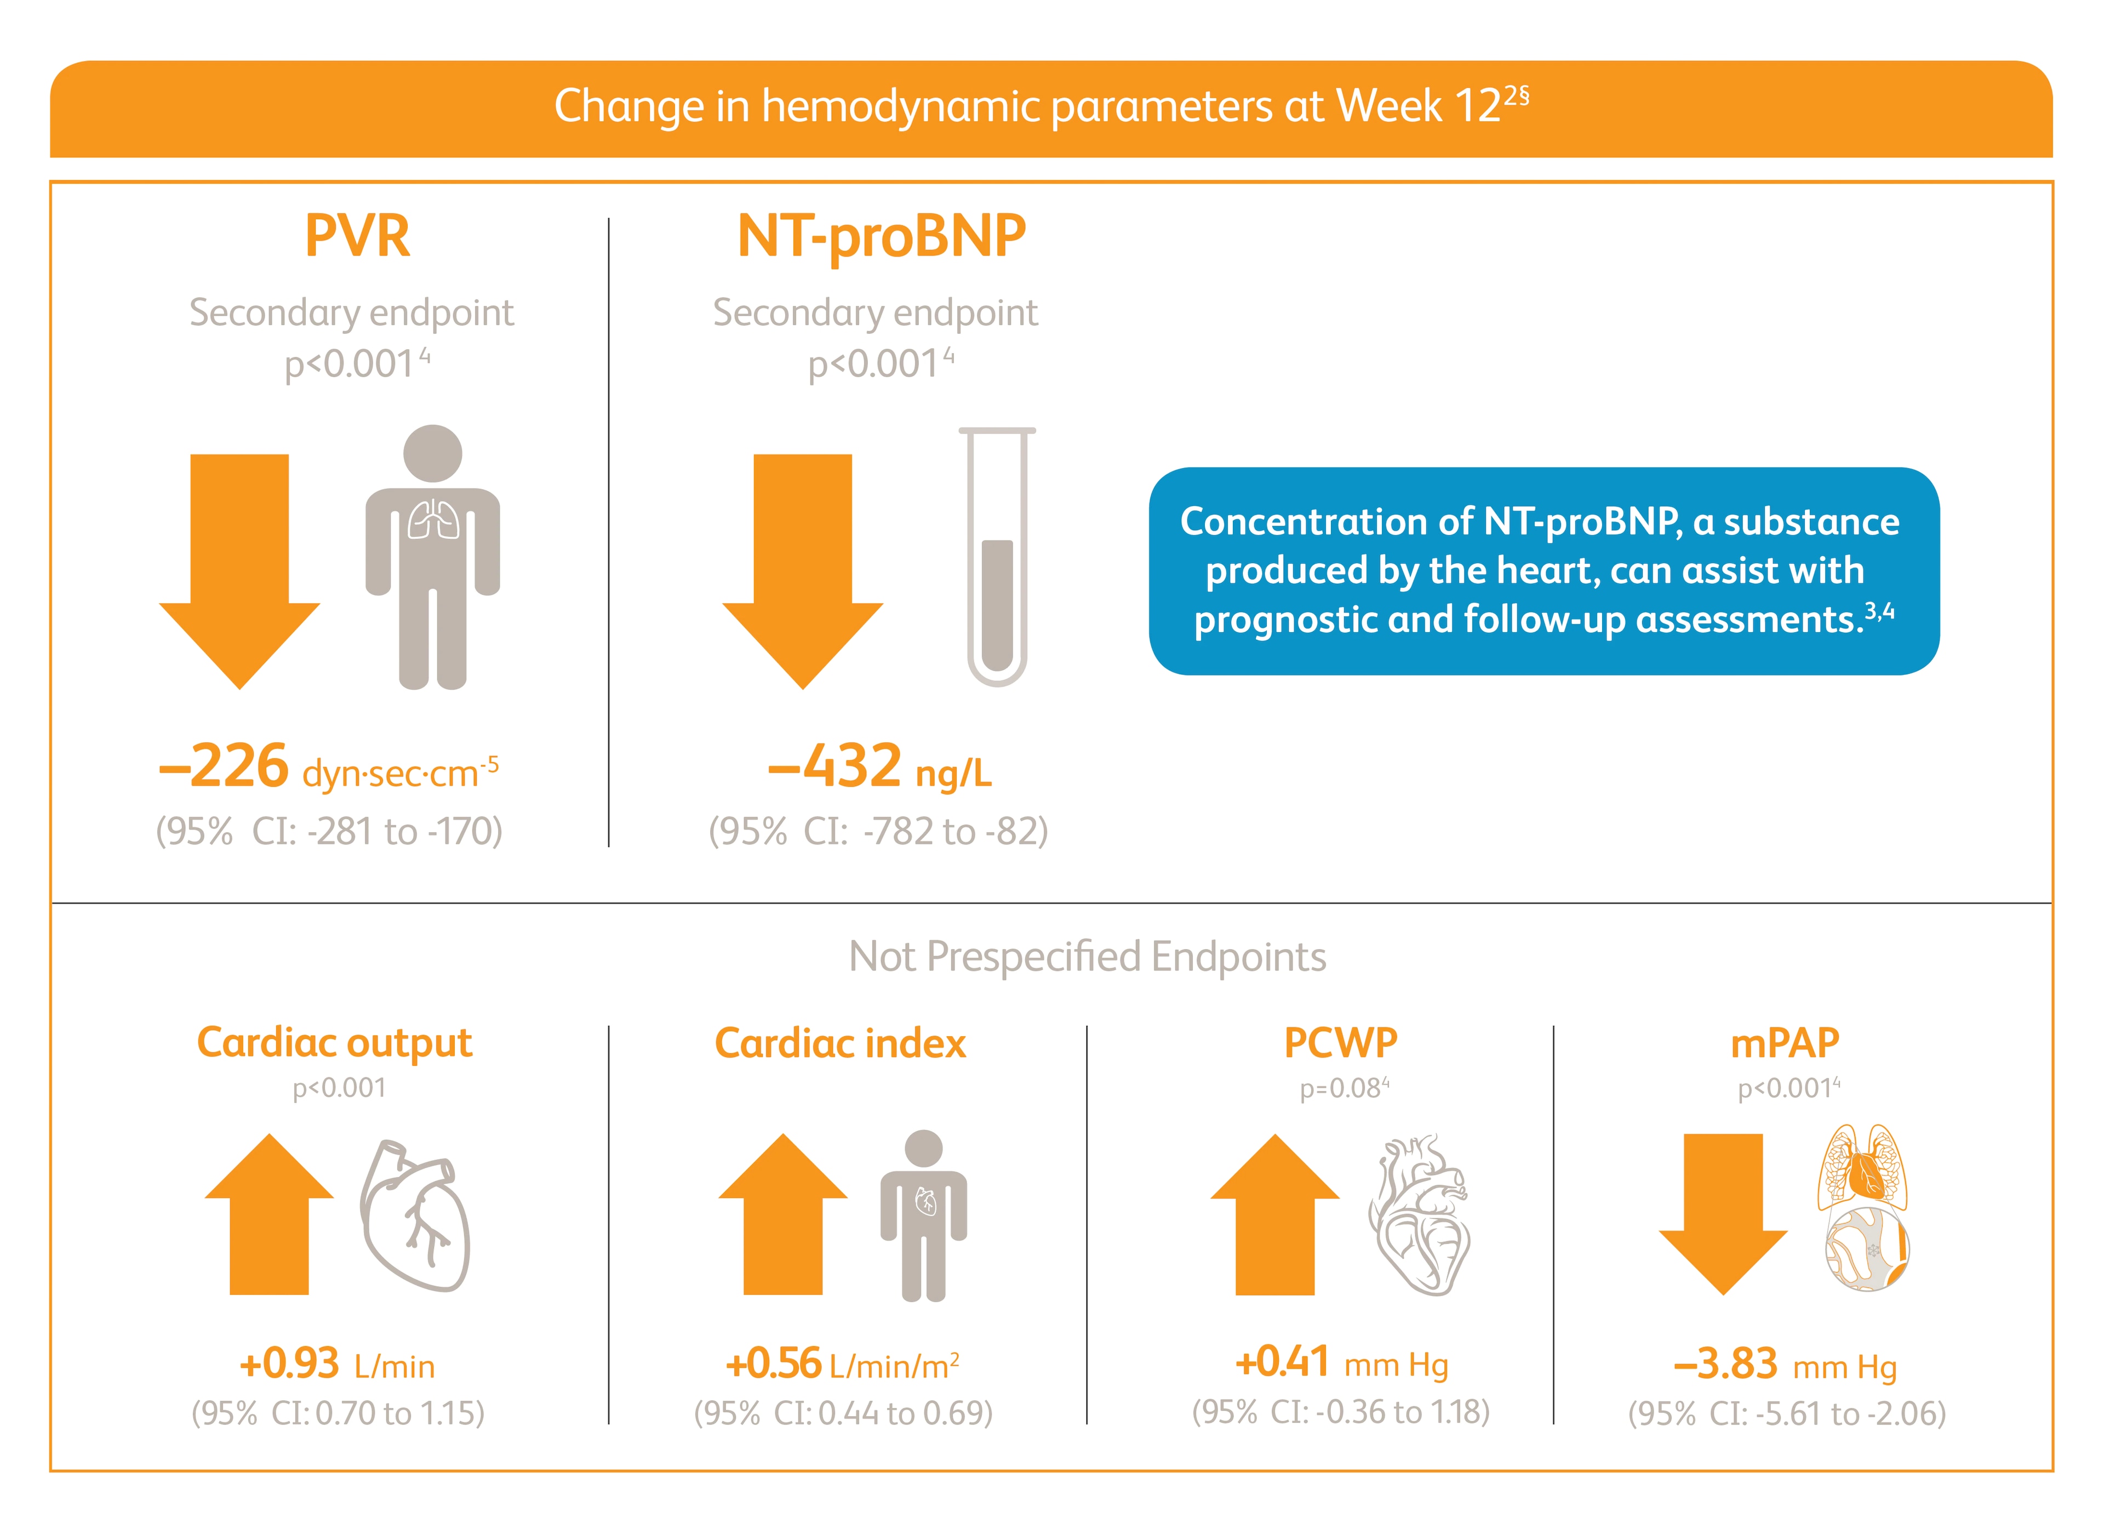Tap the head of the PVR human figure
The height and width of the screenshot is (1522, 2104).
click(432, 453)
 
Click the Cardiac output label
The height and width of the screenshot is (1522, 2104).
click(334, 1043)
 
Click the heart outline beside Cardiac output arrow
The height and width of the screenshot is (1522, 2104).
click(415, 1216)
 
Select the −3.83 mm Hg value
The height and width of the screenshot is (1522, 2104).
click(1725, 1364)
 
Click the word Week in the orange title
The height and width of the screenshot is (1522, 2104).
click(1389, 106)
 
